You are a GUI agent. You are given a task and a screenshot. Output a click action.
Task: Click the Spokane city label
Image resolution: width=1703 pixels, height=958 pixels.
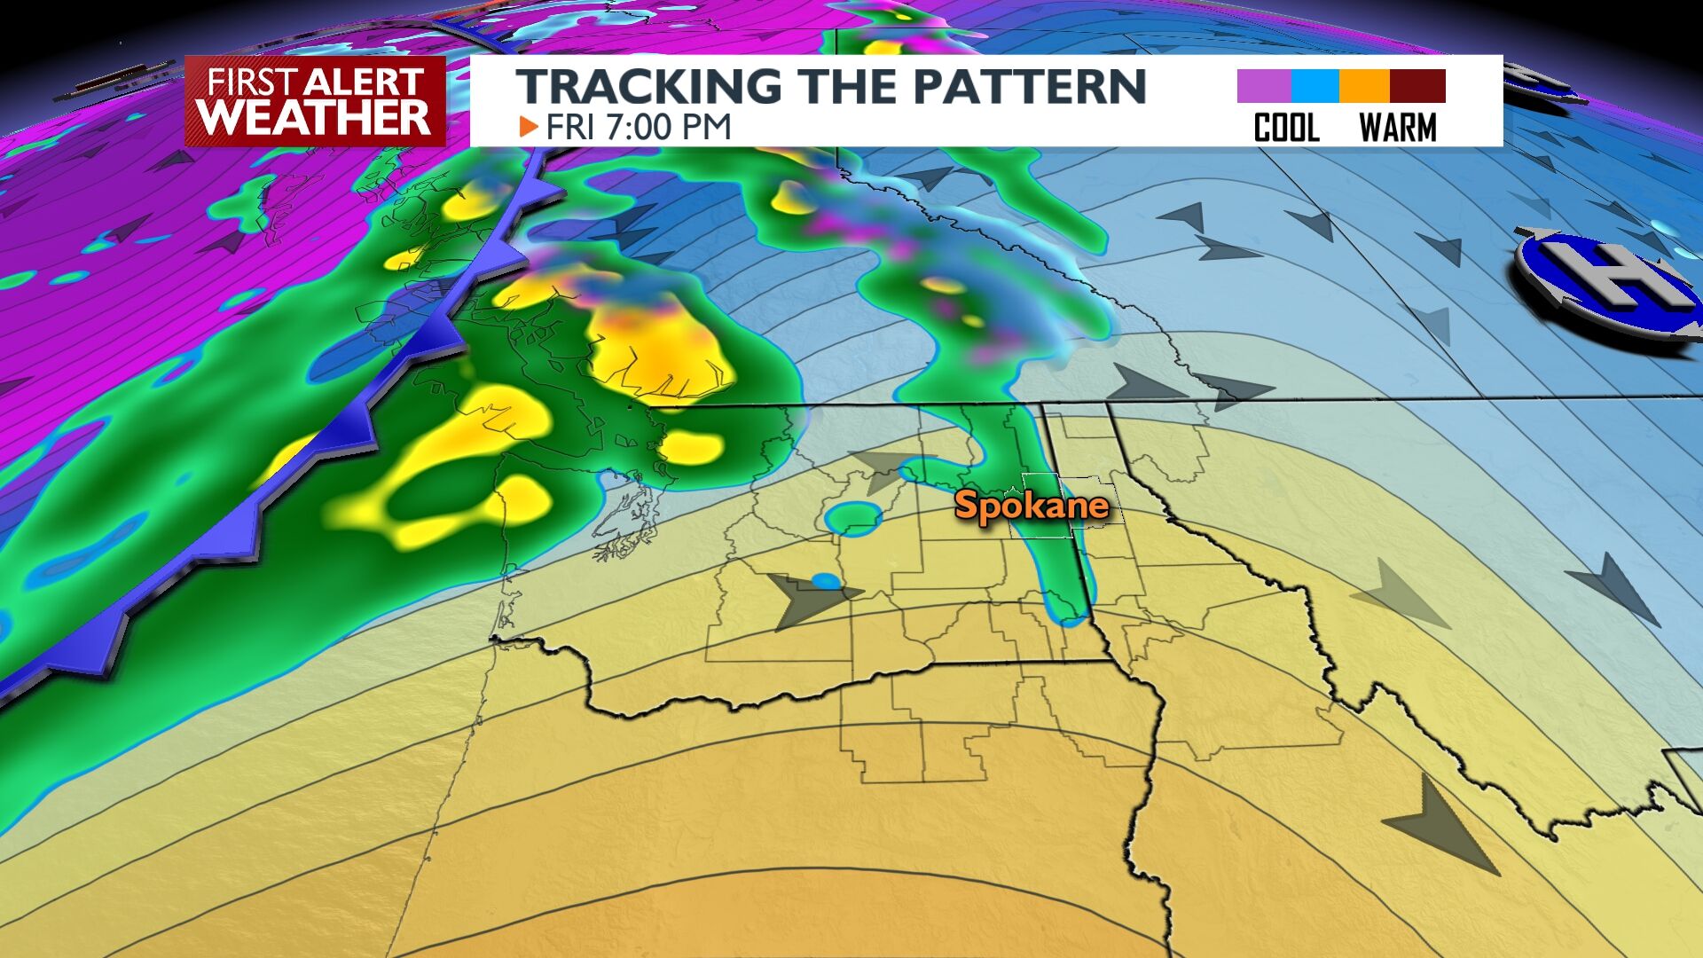coord(1032,506)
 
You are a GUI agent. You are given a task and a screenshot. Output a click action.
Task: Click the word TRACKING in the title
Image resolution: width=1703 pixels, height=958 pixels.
coord(647,86)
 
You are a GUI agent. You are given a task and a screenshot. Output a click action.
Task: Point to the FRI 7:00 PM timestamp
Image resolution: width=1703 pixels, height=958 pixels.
coord(638,128)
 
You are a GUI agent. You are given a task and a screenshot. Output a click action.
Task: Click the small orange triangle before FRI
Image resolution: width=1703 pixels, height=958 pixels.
coord(529,127)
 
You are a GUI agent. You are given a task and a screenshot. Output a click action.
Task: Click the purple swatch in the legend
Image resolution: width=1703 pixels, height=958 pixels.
coord(1263,86)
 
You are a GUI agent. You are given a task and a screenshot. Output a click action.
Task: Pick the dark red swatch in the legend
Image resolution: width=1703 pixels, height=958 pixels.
coord(1417,86)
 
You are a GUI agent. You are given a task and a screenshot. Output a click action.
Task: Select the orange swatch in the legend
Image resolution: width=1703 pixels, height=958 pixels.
coord(1364,86)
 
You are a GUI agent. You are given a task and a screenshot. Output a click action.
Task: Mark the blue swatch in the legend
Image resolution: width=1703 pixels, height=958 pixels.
coord(1315,86)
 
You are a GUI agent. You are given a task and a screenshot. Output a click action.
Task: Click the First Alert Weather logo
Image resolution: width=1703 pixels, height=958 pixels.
coord(315,101)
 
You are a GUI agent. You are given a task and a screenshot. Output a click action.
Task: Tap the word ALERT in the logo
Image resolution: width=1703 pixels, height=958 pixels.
coord(364,82)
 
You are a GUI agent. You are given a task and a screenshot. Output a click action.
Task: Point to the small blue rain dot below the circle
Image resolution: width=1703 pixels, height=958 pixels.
coord(827,581)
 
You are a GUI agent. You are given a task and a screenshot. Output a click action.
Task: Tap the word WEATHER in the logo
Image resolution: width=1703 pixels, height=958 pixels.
coord(315,118)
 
